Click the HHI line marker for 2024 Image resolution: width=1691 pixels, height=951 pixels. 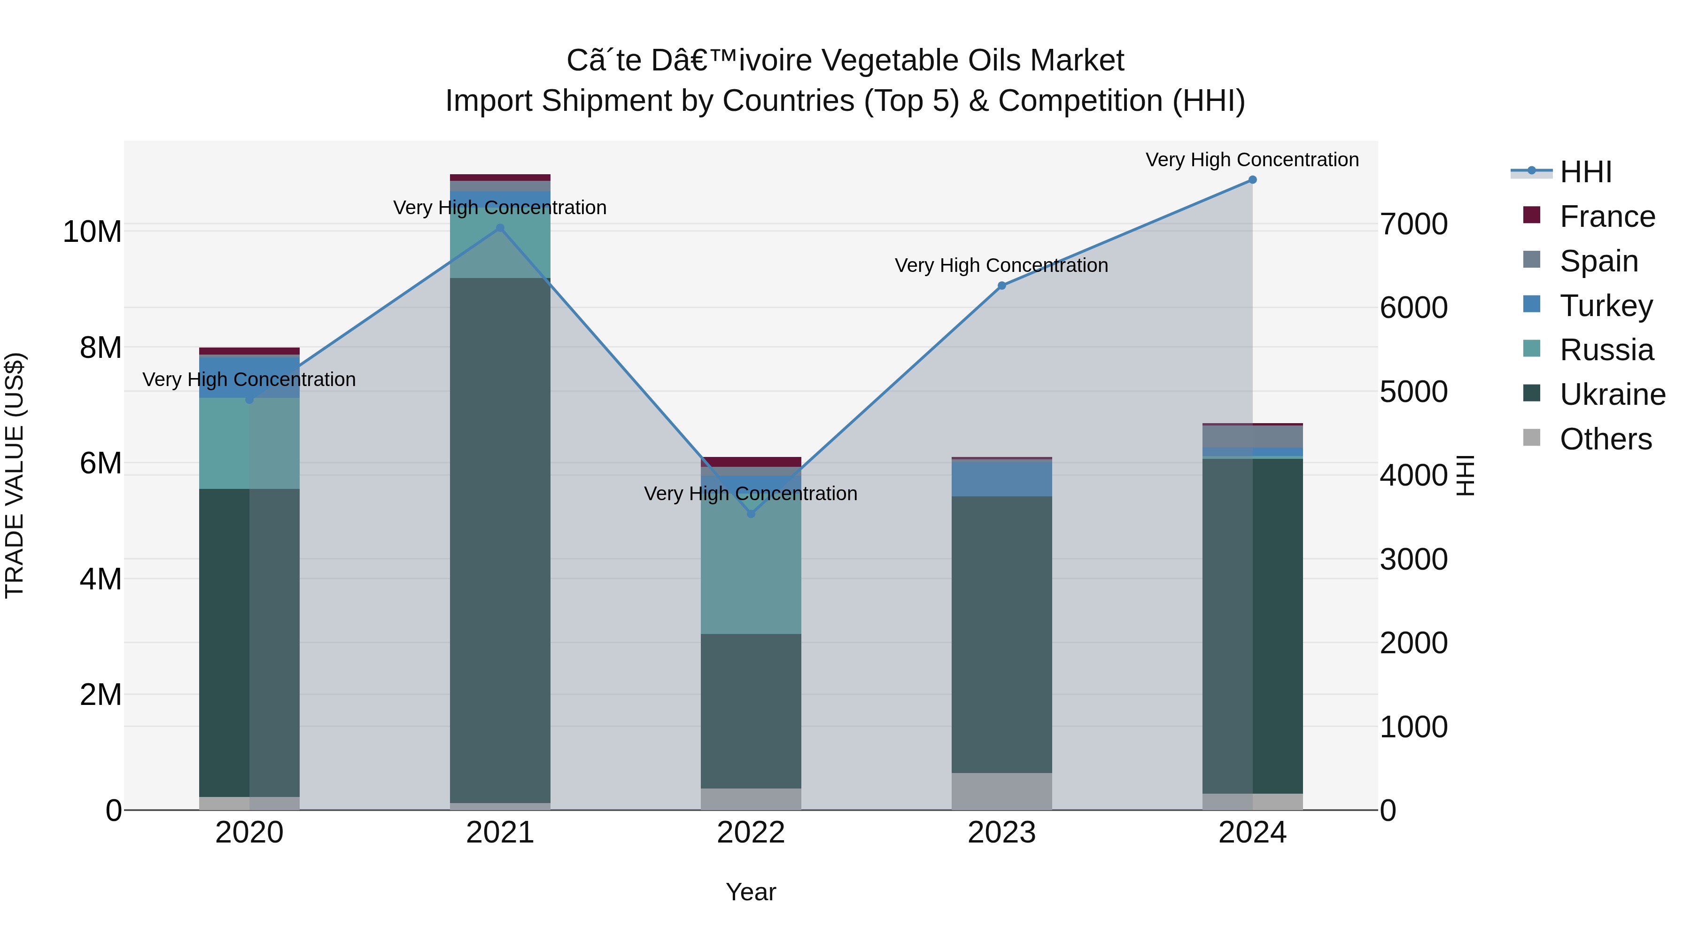coord(1252,180)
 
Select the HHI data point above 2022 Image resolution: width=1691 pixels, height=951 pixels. coord(751,514)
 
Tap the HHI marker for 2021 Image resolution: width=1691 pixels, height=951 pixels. coord(500,228)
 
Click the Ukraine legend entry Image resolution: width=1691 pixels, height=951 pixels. coord(1612,395)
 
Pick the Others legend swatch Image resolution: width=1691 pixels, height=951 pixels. coord(1531,438)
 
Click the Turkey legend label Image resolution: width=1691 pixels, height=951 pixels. coord(1606,306)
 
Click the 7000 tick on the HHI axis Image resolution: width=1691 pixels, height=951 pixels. coord(1413,224)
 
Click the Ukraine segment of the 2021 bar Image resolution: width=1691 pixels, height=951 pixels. coord(500,538)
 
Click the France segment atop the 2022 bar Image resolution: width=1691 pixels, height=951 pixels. coord(751,461)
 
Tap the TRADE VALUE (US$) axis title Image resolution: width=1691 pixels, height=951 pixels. coord(15,475)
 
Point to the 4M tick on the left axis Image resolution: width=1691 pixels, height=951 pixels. coord(101,580)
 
